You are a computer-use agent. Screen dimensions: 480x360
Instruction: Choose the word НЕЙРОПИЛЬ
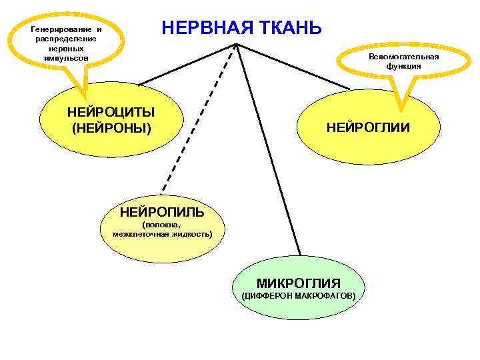point(162,213)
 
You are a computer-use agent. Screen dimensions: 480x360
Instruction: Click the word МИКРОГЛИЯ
point(299,283)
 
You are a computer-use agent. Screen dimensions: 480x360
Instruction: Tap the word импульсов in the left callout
point(65,58)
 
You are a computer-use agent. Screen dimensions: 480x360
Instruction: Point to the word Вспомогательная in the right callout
point(404,57)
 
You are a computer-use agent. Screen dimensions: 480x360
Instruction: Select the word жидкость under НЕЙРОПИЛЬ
point(191,235)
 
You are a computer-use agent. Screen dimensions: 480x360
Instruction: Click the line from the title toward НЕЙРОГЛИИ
point(293,67)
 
